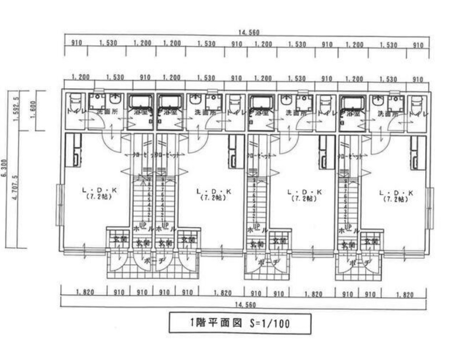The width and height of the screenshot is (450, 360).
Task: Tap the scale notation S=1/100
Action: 270,324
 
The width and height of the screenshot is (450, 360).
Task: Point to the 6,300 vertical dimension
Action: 4,168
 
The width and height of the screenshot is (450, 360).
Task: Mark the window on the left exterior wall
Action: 60,204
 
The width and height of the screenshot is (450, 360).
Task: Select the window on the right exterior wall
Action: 430,208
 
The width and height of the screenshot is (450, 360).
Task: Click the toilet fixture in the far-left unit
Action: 74,102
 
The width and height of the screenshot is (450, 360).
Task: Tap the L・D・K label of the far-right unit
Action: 396,193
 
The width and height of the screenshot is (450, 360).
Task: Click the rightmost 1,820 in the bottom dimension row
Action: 404,295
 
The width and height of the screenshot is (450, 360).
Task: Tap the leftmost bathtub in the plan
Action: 140,103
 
